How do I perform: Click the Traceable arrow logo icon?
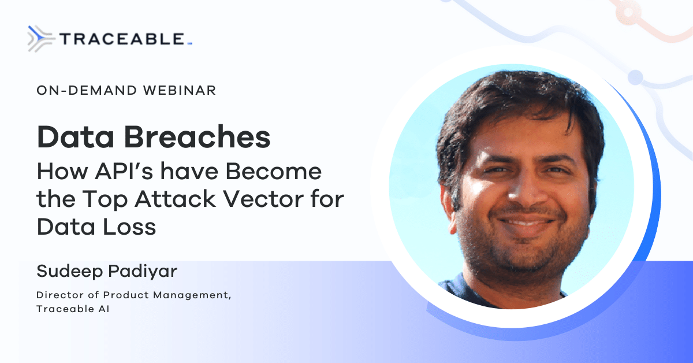[41, 39]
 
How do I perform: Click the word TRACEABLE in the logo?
[122, 39]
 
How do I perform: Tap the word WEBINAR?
[180, 90]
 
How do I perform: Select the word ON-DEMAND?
[87, 90]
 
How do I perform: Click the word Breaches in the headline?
[198, 136]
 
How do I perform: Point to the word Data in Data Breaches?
[76, 136]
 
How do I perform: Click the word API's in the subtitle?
[124, 171]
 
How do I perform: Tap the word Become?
[274, 171]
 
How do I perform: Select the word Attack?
[176, 199]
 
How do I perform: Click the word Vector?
[263, 199]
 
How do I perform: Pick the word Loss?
[129, 227]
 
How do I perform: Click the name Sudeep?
[70, 271]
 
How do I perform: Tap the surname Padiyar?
[143, 272]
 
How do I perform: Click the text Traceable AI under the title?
[73, 309]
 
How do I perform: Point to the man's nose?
[526, 188]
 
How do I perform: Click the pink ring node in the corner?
[628, 12]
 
